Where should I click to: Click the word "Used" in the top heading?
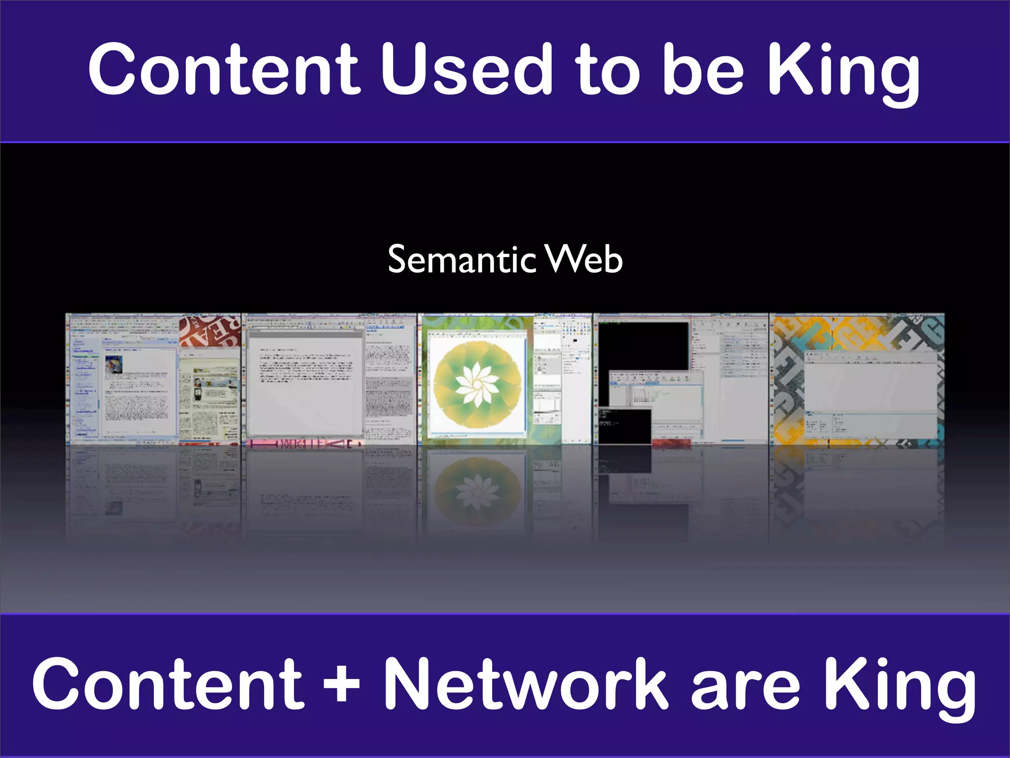point(466,69)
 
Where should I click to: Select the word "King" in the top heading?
point(843,72)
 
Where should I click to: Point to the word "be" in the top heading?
point(702,69)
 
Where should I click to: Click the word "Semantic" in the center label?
point(462,260)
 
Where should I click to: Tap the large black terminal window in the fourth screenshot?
point(643,345)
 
